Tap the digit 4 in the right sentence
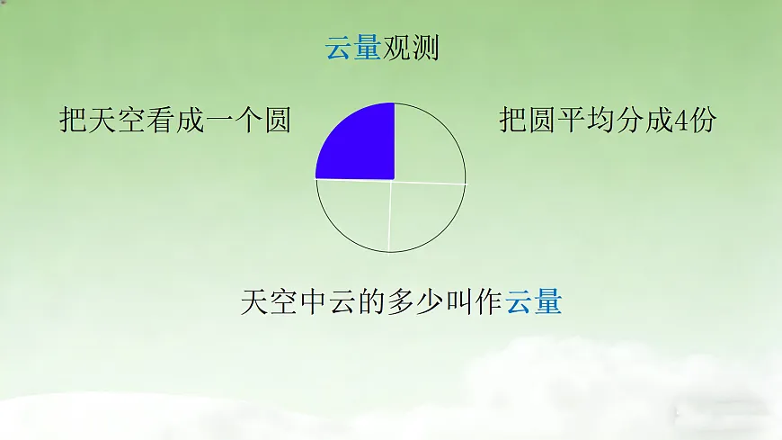680,120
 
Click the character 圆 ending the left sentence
278,120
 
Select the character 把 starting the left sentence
74,120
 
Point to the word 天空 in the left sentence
118,120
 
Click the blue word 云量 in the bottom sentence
534,301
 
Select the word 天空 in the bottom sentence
270,301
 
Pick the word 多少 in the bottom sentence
416,301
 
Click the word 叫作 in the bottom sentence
475,301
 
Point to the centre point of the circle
393,180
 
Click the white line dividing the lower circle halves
390,216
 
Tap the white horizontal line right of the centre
430,182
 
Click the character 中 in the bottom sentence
314,301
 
